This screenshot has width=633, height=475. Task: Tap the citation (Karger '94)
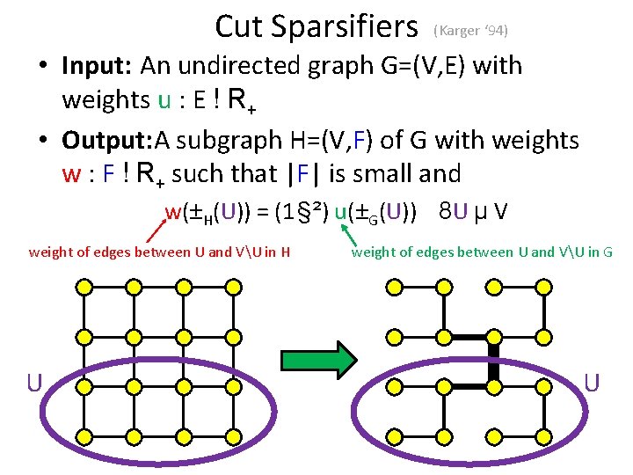click(470, 30)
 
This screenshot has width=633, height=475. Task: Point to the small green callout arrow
click(350, 235)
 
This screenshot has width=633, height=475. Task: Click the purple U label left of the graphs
click(33, 383)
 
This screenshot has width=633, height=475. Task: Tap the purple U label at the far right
click(592, 383)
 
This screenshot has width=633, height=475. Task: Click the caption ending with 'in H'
click(160, 252)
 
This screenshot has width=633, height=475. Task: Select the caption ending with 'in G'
click(482, 252)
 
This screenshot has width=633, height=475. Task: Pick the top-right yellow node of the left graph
click(232, 286)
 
